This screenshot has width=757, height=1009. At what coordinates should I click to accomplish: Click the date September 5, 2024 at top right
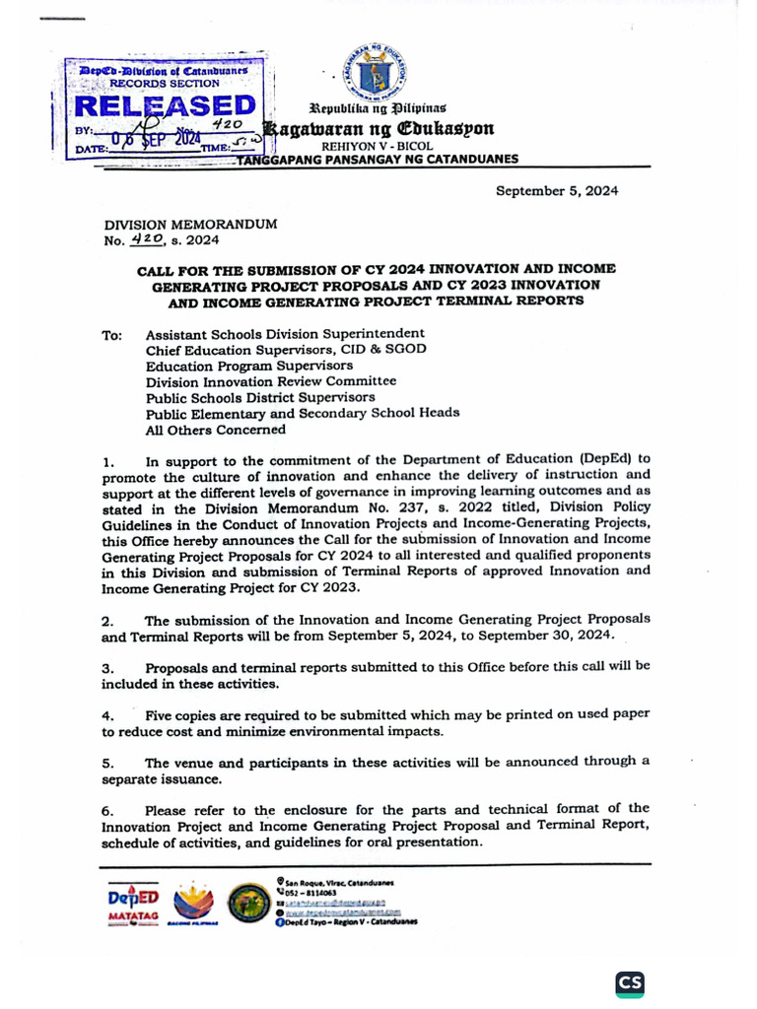click(x=556, y=191)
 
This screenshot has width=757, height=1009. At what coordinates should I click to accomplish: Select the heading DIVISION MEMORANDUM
click(x=184, y=225)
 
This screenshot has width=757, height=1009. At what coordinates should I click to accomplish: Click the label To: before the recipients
click(x=111, y=335)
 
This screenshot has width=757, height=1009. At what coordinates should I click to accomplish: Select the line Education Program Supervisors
click(x=248, y=366)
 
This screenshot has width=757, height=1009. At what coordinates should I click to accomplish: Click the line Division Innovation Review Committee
click(x=271, y=381)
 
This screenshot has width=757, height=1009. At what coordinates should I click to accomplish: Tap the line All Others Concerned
click(x=216, y=429)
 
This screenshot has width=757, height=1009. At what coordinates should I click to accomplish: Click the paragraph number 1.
click(x=108, y=461)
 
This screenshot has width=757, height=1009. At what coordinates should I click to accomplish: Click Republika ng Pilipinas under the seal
click(x=378, y=106)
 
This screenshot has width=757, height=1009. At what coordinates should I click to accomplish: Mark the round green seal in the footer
click(x=246, y=903)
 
